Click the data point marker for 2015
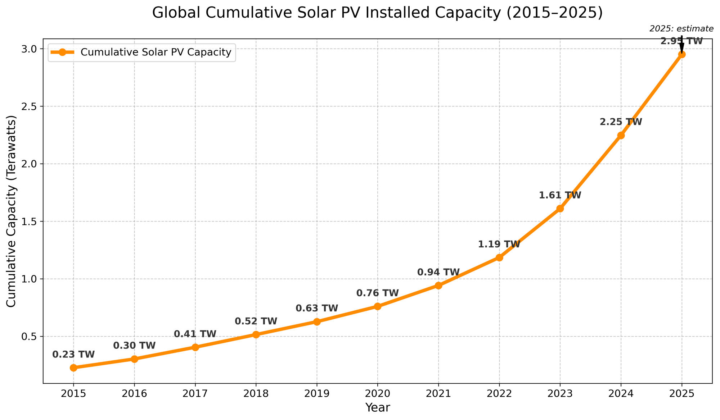tap(73, 368)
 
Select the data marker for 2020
tap(378, 306)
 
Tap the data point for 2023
tap(560, 209)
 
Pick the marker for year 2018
tap(256, 334)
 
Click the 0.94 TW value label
tap(438, 273)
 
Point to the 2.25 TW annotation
tap(621, 122)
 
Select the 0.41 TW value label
tap(195, 334)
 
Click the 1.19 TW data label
tap(499, 245)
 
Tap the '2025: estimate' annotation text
tap(681, 29)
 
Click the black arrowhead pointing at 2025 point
tap(681, 49)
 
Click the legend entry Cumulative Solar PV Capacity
tap(156, 52)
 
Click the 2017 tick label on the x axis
tap(195, 394)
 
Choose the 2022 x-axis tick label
tap(499, 394)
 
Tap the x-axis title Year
tap(377, 408)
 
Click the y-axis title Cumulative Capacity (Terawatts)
tap(12, 211)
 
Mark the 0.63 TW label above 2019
tap(317, 309)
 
